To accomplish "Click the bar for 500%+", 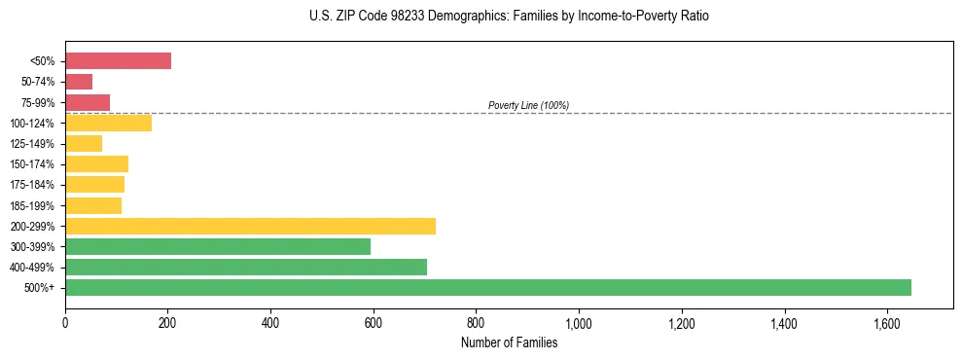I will tap(488, 287).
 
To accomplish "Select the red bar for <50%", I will tap(118, 61).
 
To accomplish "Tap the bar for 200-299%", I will tap(250, 226).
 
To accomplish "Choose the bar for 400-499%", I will tap(246, 267).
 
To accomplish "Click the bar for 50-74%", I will tap(79, 82).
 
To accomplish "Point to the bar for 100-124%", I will tap(108, 123).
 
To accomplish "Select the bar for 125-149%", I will tap(84, 144).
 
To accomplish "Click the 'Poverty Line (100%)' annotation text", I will tap(528, 105).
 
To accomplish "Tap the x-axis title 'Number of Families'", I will tap(509, 342).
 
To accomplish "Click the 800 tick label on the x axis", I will tap(476, 322).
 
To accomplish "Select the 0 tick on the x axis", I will tap(65, 322).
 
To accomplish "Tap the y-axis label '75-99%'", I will tap(38, 103).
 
